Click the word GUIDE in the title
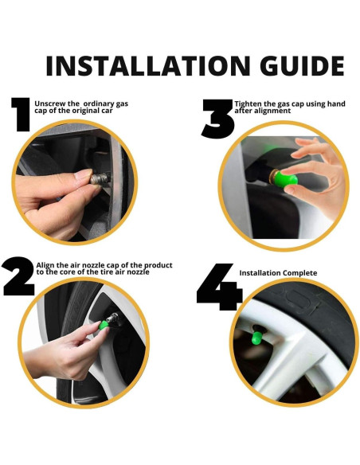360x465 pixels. click(x=302, y=66)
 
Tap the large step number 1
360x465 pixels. click(x=21, y=114)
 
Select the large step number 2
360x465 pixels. click(x=19, y=276)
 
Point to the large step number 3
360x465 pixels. click(x=218, y=119)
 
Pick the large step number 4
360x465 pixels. click(x=219, y=287)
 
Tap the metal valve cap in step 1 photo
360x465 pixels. click(x=100, y=179)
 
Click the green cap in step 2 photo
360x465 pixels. click(x=104, y=325)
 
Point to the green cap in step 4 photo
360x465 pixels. click(x=256, y=338)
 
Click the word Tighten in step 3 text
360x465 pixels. click(x=248, y=104)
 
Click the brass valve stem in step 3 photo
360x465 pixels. click(x=273, y=177)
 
